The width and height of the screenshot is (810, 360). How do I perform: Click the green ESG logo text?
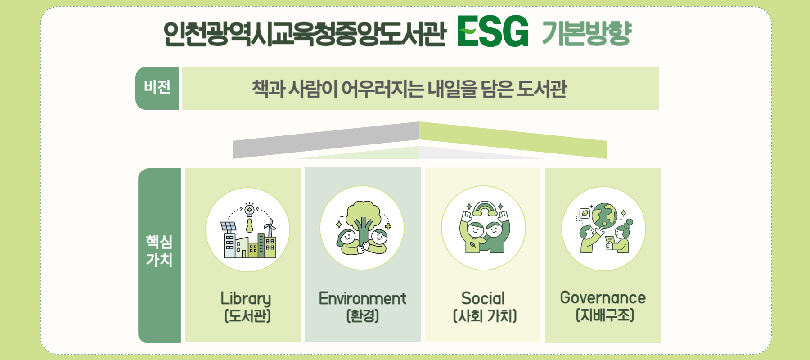point(493,31)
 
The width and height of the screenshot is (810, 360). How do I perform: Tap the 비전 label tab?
point(157,88)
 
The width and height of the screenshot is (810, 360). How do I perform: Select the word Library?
point(246,299)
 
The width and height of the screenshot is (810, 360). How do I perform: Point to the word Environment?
point(363,298)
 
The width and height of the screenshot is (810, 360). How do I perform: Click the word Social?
point(483,298)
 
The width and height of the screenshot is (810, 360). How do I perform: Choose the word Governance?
point(603,297)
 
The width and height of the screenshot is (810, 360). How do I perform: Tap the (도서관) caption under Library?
point(247,316)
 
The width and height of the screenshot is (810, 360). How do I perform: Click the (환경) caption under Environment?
point(363,315)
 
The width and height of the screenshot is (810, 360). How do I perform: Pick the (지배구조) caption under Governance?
point(605,315)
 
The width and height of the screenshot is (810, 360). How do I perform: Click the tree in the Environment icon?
point(363,220)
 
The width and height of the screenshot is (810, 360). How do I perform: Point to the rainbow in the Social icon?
point(484,208)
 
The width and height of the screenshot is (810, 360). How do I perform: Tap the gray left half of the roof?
point(326,140)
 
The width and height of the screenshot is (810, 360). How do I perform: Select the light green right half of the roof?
point(513,140)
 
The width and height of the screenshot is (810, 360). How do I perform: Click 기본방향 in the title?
point(587,33)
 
